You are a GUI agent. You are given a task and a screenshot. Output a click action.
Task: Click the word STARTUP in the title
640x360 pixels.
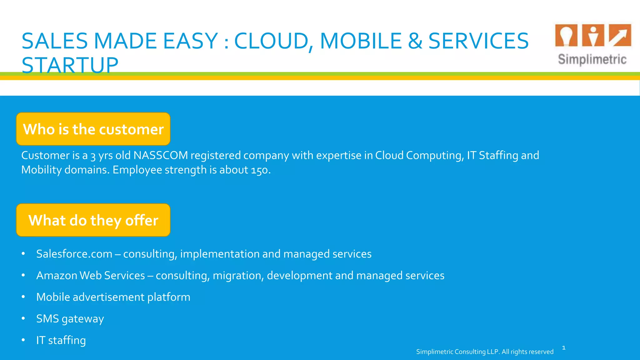tap(70, 65)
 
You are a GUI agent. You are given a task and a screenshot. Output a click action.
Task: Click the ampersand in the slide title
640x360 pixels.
tap(415, 41)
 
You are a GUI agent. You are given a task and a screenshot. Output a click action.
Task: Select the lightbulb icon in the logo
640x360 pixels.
tap(566, 35)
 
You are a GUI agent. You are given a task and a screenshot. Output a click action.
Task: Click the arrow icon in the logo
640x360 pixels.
tap(620, 35)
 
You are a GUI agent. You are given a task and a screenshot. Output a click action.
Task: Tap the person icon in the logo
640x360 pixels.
tap(593, 35)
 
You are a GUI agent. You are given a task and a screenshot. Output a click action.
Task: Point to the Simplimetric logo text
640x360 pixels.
tap(592, 59)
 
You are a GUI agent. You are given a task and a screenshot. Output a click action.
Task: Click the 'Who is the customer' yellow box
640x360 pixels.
tap(93, 129)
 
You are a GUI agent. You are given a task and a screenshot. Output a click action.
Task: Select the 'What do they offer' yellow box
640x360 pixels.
tap(93, 220)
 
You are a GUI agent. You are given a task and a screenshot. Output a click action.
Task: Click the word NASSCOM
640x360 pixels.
tap(161, 155)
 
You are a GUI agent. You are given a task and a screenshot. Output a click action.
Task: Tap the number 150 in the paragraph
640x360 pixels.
tap(260, 170)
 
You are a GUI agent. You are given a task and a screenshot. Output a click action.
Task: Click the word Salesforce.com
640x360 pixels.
tap(74, 254)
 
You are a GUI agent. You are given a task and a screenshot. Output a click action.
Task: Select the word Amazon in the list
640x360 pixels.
tap(57, 275)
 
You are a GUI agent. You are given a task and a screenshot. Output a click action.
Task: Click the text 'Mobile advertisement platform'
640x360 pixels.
tap(113, 297)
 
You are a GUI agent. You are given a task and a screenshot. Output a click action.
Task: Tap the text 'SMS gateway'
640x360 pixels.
tap(70, 319)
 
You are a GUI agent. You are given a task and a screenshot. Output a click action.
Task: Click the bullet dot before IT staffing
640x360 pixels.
tap(23, 340)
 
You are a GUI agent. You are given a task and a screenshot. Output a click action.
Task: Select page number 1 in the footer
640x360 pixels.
tap(564, 347)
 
